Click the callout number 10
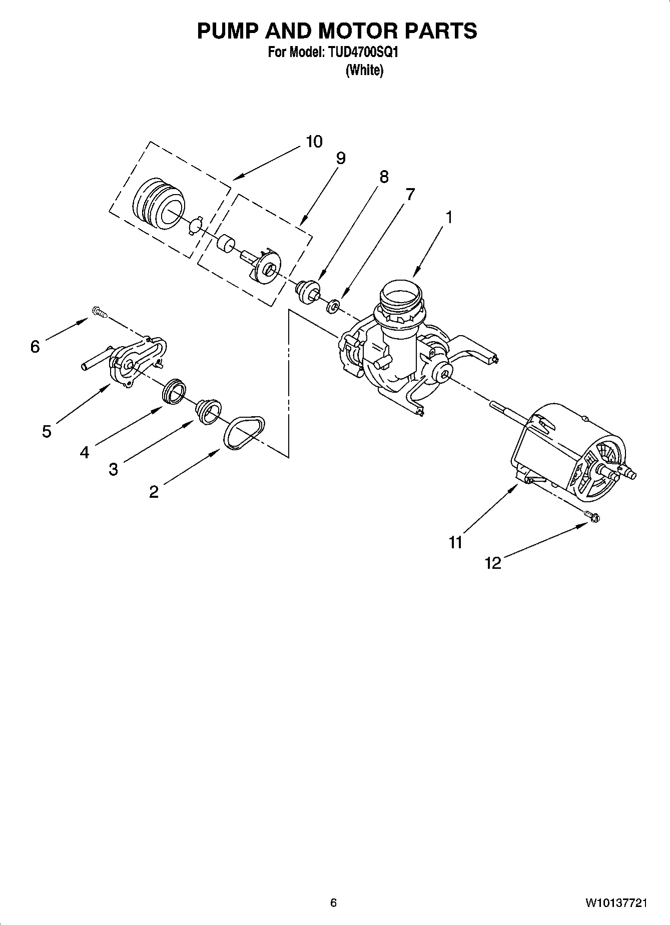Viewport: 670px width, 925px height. pos(314,142)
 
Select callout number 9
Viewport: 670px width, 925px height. pos(340,159)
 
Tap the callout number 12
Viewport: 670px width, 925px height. pos(493,563)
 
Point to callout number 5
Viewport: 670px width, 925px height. pos(47,431)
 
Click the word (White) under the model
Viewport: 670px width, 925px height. pos(364,71)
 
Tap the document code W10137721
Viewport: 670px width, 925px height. pos(616,903)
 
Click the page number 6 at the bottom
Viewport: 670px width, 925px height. pos(333,902)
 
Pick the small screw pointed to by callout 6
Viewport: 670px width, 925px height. pos(99,313)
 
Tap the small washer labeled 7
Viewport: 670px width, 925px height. pos(332,306)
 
